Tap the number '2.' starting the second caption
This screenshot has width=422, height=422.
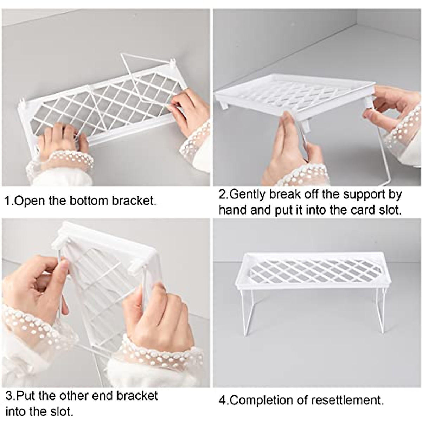223,194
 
